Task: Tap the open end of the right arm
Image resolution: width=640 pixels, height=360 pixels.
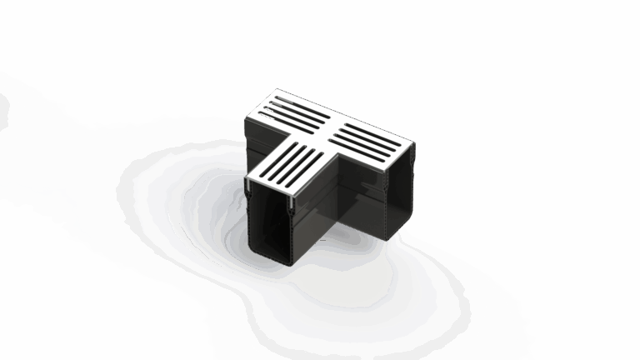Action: pos(398,196)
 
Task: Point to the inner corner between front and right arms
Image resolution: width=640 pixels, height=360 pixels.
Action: pos(333,162)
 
